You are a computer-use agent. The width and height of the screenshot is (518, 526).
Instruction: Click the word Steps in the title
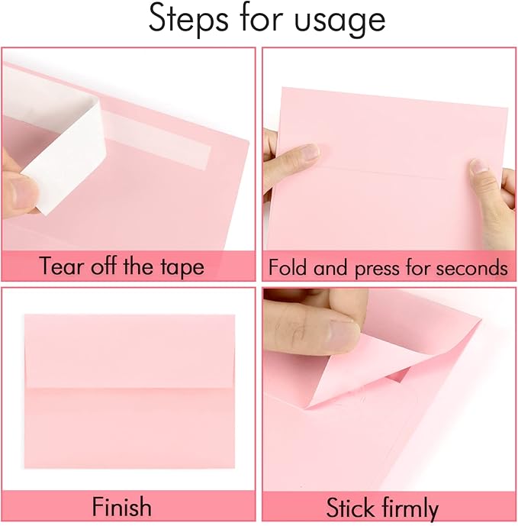pos(190,20)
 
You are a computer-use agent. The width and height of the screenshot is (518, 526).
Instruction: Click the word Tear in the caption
pos(60,266)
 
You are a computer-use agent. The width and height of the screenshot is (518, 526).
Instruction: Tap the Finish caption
pos(121,507)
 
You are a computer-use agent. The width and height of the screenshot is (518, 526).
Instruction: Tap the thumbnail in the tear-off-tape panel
pos(17,190)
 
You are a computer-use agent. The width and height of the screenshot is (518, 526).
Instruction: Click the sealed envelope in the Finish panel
pos(129,391)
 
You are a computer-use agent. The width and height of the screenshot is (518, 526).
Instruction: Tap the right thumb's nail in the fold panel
pos(479,166)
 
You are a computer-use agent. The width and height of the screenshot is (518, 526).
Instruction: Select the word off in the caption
pos(110,266)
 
